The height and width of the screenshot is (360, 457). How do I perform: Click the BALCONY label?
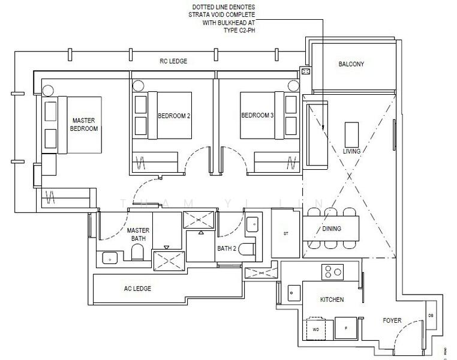click(x=351, y=64)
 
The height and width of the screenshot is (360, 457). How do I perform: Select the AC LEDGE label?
click(x=137, y=289)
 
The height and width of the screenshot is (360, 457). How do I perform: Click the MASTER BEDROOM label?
click(x=83, y=124)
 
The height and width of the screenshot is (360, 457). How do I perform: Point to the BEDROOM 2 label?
click(x=174, y=116)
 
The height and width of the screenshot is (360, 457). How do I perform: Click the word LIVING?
click(x=351, y=151)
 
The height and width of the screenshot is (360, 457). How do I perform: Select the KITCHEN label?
click(x=332, y=299)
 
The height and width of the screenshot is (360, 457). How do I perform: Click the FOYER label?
click(x=392, y=320)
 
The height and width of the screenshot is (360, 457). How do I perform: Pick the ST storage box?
click(x=286, y=233)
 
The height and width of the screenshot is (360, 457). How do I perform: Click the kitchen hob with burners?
click(x=331, y=272)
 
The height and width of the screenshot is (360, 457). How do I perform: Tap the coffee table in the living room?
click(x=351, y=131)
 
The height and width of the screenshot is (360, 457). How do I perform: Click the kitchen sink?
click(x=294, y=293)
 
